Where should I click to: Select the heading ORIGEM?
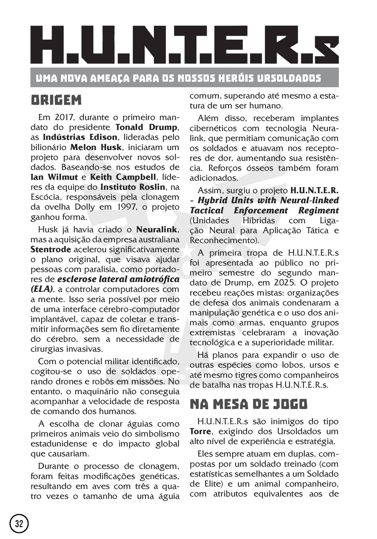pyautogui.click(x=56, y=100)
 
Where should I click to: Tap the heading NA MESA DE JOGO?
pyautogui.click(x=248, y=404)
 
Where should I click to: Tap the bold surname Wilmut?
pyautogui.click(x=63, y=177)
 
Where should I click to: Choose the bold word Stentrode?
pyautogui.click(x=51, y=250)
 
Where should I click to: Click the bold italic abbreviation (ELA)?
pyautogui.click(x=42, y=289)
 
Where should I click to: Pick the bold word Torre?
pyautogui.click(x=200, y=431)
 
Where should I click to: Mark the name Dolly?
pyautogui.click(x=85, y=207)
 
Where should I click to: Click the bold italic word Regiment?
pyautogui.click(x=318, y=211)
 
